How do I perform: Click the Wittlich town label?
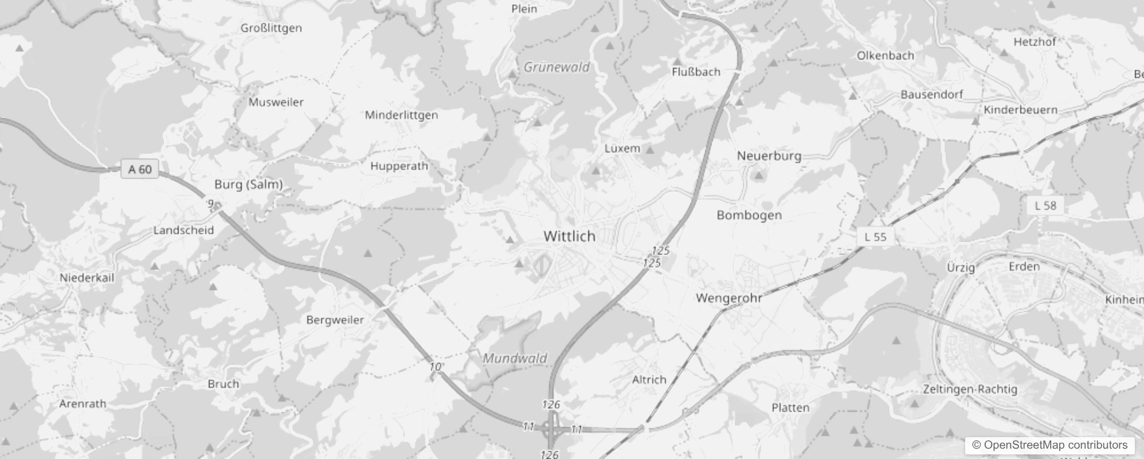[569, 236]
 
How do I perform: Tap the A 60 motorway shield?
[140, 169]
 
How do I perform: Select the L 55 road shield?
[875, 236]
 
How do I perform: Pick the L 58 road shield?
[1045, 205]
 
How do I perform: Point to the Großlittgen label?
[271, 28]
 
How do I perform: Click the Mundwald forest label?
[515, 359]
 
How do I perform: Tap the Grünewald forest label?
[557, 67]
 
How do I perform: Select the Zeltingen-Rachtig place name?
[970, 389]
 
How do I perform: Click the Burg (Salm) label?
[248, 184]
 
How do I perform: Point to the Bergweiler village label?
[335, 320]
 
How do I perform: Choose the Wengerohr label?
[728, 298]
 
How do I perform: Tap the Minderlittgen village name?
[401, 115]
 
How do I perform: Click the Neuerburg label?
[769, 156]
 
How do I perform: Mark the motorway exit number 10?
[436, 367]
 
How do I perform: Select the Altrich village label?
[649, 380]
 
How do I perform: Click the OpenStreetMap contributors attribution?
[1049, 445]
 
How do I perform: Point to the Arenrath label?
[83, 403]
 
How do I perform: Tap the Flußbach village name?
[696, 72]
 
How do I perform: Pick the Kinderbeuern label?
[1020, 110]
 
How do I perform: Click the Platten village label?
[790, 408]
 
